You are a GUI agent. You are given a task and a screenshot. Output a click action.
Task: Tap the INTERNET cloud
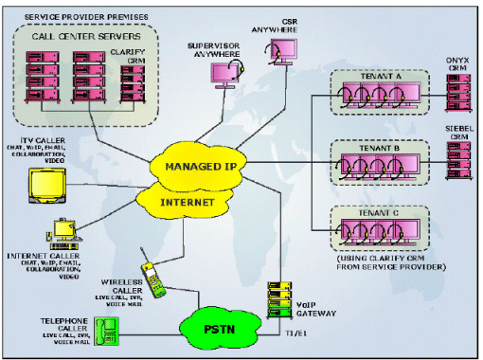pos(188,202)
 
